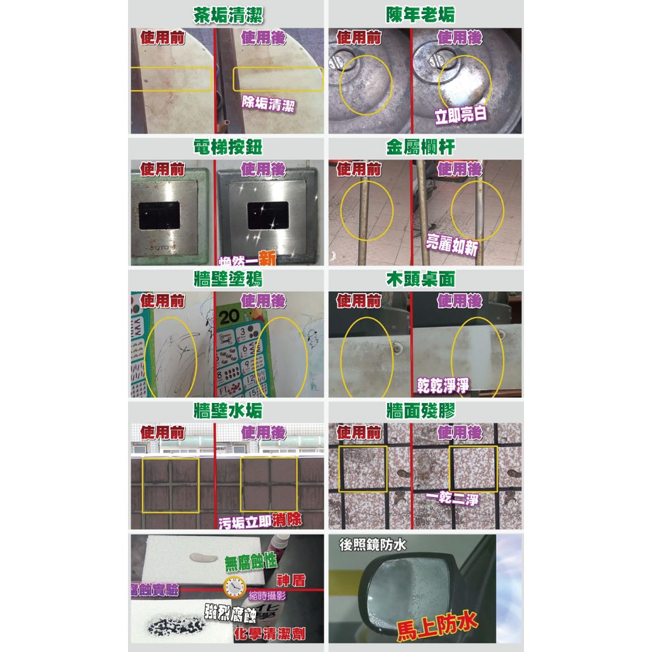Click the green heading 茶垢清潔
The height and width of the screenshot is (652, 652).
(228, 15)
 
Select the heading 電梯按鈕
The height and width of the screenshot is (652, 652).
(228, 147)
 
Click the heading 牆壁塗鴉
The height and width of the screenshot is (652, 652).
(228, 279)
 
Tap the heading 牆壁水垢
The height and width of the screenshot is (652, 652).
(228, 411)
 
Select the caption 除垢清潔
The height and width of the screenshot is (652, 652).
(268, 103)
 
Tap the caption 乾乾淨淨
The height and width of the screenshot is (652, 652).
(443, 385)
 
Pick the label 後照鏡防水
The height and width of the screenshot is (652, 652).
(372, 544)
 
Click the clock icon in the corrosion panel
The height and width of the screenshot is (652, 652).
(233, 586)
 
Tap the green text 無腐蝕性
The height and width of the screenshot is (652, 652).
(250, 562)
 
